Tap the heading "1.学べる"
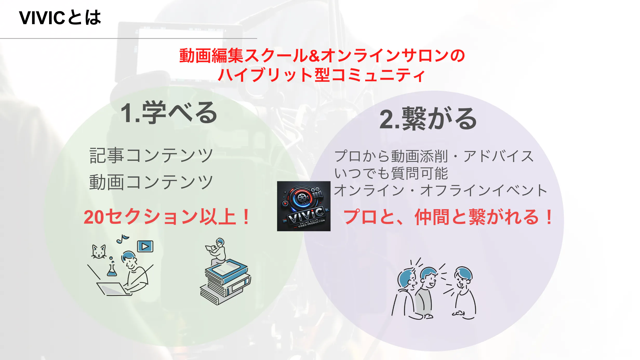click(x=169, y=112)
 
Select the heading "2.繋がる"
click(x=428, y=119)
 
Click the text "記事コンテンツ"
click(x=151, y=155)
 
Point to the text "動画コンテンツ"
click(x=151, y=182)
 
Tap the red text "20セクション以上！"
click(x=167, y=217)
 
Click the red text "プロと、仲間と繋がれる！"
click(x=448, y=217)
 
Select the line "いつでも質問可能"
click(x=391, y=173)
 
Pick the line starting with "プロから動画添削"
click(x=434, y=156)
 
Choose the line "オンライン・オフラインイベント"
click(x=441, y=190)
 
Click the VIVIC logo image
click(x=304, y=206)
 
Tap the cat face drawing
click(x=99, y=252)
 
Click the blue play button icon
click(x=145, y=246)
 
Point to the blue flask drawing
click(x=112, y=270)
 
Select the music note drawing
click(x=122, y=239)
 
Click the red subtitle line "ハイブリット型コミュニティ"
click(x=322, y=75)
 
